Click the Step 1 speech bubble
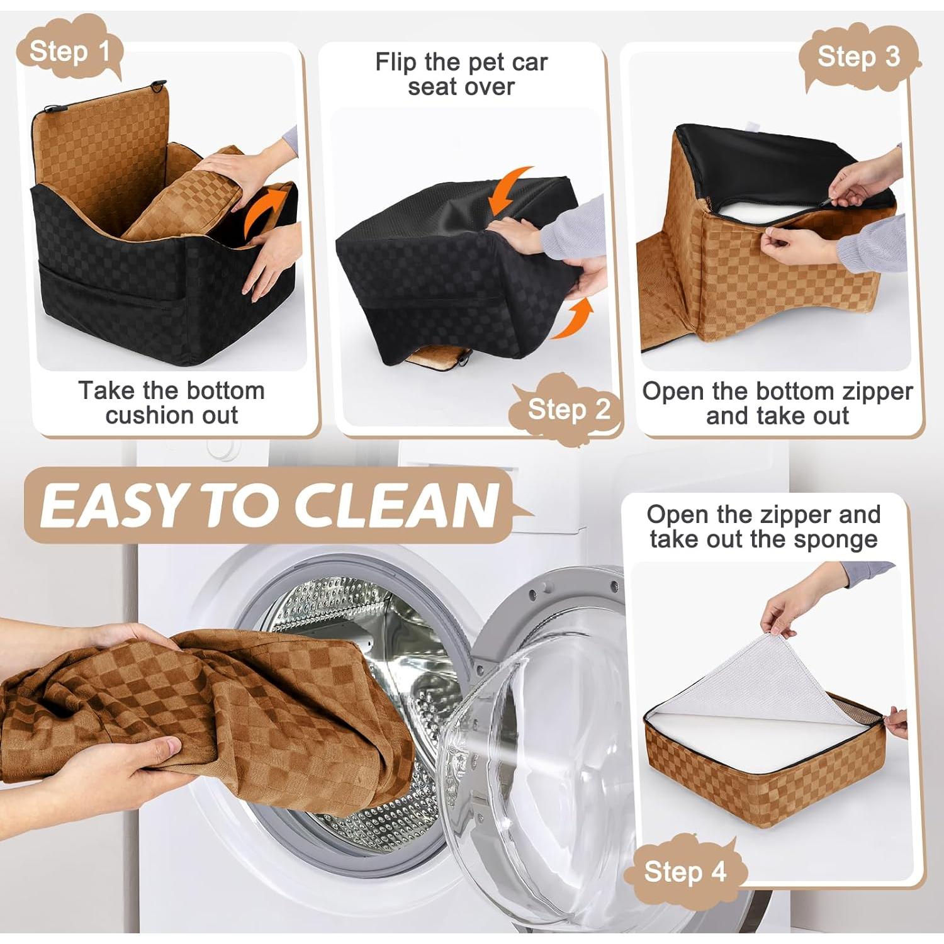[69, 50]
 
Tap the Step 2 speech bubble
[568, 409]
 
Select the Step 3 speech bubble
[858, 57]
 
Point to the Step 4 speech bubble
[685, 872]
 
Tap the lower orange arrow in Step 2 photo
[574, 319]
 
